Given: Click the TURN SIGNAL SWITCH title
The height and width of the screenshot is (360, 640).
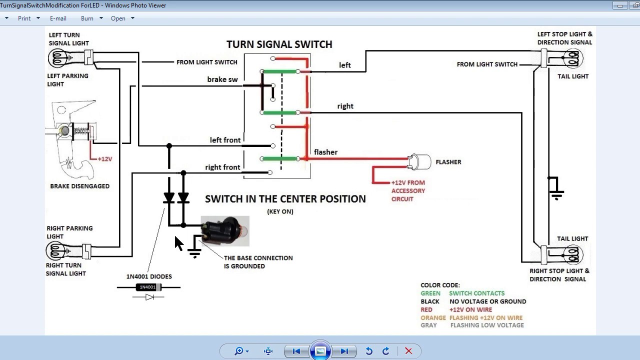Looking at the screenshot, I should point(279,44).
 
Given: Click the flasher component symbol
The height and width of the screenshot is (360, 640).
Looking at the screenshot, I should point(420,161).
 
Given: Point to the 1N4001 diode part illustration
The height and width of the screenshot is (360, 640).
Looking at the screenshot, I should point(148,287).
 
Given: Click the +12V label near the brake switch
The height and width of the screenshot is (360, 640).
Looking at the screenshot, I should point(104,159).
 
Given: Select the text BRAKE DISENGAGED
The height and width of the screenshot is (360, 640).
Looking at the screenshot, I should point(79,186).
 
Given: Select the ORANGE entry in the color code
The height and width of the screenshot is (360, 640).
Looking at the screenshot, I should point(433,317).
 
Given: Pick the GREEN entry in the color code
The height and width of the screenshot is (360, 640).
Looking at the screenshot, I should point(430,293).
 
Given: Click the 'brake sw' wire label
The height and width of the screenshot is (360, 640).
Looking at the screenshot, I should point(222,79).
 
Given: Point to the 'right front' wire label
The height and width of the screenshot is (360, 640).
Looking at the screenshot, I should point(222,167).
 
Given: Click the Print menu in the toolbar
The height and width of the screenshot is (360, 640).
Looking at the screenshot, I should point(24,18).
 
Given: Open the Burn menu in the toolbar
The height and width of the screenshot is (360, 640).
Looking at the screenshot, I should point(87,18).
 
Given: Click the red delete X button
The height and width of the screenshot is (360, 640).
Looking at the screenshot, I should point(408,351).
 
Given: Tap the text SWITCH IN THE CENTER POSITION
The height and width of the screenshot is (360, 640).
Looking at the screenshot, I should point(285,199).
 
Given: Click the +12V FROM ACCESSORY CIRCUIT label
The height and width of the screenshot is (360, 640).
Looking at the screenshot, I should point(408,190).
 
